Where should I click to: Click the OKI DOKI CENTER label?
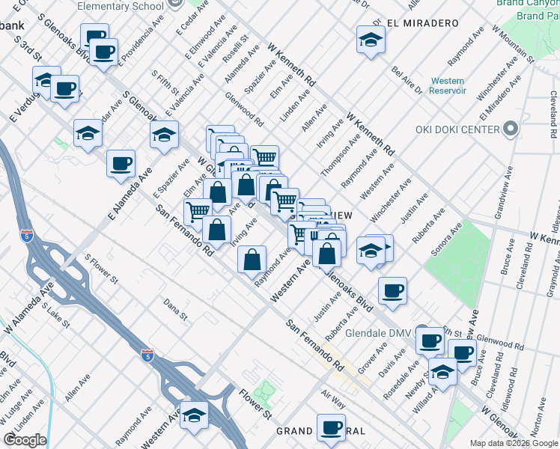point(457,129)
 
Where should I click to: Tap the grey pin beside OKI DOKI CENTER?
point(511,130)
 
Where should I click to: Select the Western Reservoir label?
point(448,85)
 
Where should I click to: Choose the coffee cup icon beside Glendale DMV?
point(430,340)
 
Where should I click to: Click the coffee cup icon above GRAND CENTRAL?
point(330,427)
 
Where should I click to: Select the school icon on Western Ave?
point(194,415)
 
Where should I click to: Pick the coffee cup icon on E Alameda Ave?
point(121,163)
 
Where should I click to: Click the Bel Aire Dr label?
point(407,80)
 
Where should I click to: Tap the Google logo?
point(25,440)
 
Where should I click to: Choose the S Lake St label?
point(55,315)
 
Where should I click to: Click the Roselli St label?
point(237,53)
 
